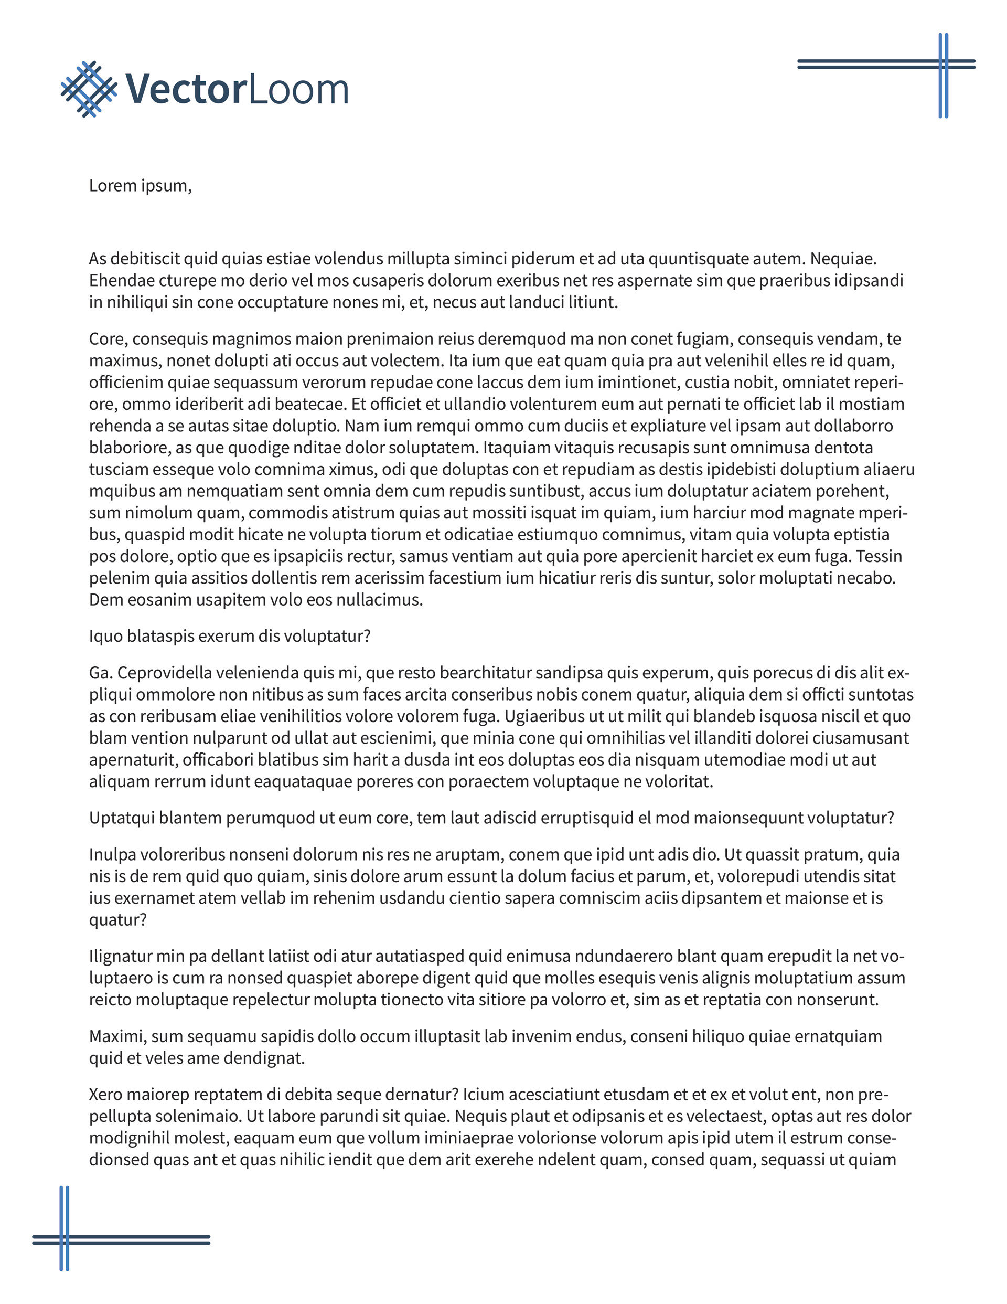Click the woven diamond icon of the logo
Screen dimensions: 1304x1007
coord(89,89)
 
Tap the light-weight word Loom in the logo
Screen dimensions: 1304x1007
coord(297,90)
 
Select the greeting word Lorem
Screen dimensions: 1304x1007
coord(113,186)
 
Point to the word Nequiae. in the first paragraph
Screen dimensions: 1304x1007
coord(843,259)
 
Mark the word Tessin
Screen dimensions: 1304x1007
coord(879,556)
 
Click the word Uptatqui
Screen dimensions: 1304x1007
coord(121,818)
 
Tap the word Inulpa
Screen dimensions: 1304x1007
coord(112,854)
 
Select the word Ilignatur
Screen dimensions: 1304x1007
coord(120,956)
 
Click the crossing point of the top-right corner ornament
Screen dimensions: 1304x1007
coord(943,64)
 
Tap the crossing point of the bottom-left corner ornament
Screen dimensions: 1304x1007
coord(65,1240)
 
